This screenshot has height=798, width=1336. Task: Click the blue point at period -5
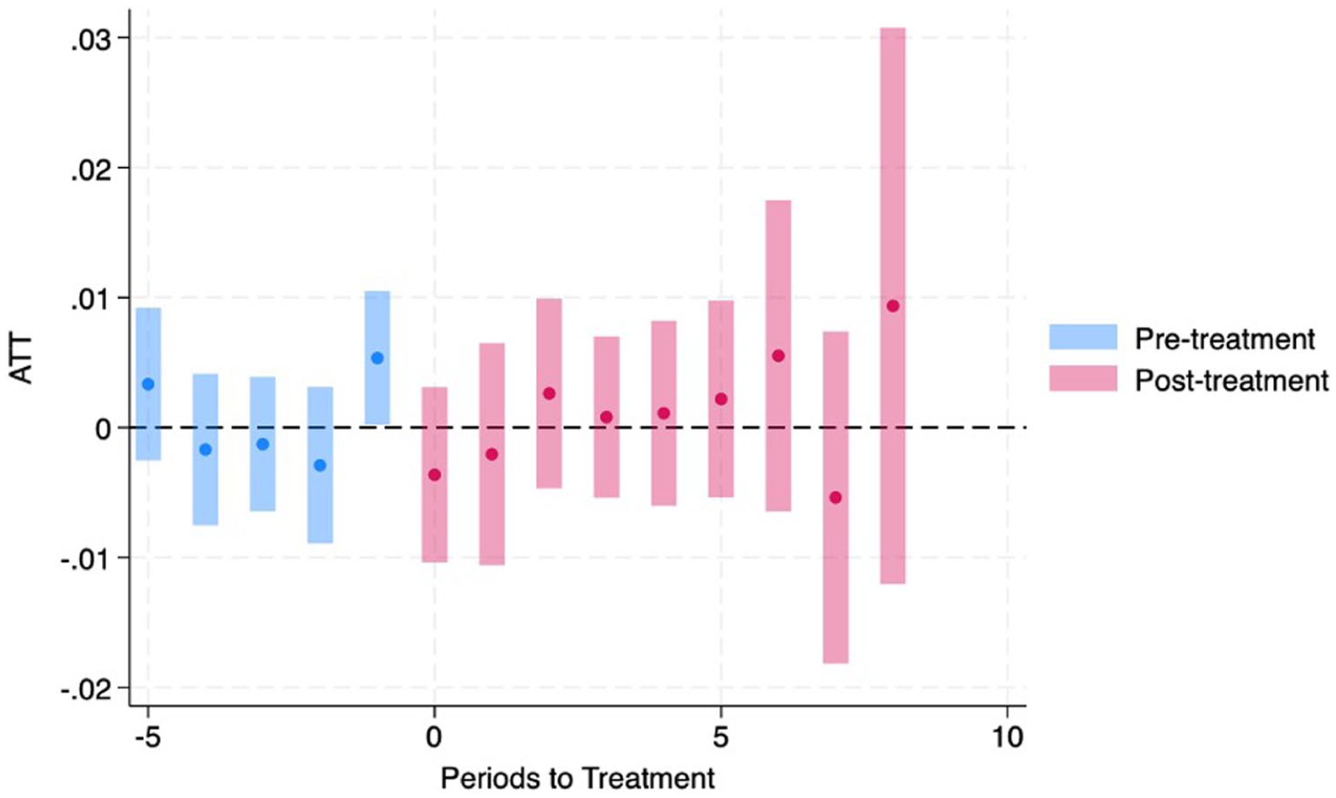tap(148, 384)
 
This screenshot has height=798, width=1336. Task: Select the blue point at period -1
tap(377, 359)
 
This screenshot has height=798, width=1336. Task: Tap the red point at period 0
tap(435, 475)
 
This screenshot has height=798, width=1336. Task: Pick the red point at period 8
tap(893, 307)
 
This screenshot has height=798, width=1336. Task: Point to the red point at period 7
tap(836, 497)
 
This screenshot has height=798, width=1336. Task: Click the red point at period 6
tap(779, 356)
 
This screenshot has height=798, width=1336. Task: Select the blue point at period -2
tap(320, 466)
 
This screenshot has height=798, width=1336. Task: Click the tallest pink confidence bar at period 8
tap(893, 306)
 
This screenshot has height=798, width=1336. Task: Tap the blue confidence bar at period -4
tap(205, 450)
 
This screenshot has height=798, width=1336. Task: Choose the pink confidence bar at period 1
tap(492, 454)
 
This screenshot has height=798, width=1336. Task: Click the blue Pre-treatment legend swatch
tap(1083, 337)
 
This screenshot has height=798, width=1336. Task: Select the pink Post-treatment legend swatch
tap(1083, 378)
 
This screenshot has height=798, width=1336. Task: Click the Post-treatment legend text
tap(1232, 380)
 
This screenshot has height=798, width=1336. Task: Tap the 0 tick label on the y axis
tap(103, 430)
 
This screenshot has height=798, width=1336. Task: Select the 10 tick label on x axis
tap(1007, 738)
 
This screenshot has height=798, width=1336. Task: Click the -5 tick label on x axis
tap(147, 738)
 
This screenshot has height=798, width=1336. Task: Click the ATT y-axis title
tap(21, 360)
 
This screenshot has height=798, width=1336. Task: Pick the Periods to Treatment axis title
tap(578, 778)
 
